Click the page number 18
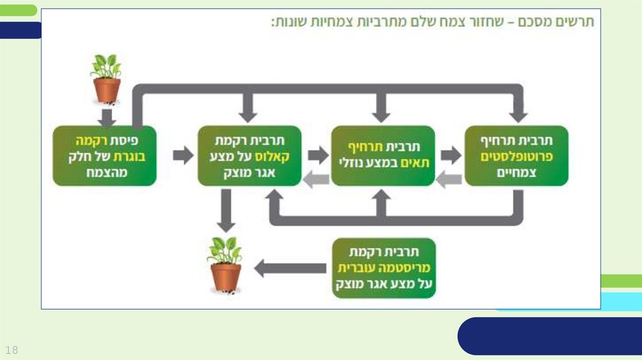[x=11, y=349]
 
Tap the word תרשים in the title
[x=576, y=23]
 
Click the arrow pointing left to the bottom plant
[x=290, y=268]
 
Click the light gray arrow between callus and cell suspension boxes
[x=317, y=180]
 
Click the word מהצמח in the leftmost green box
[x=106, y=172]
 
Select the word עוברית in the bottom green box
[x=354, y=268]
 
